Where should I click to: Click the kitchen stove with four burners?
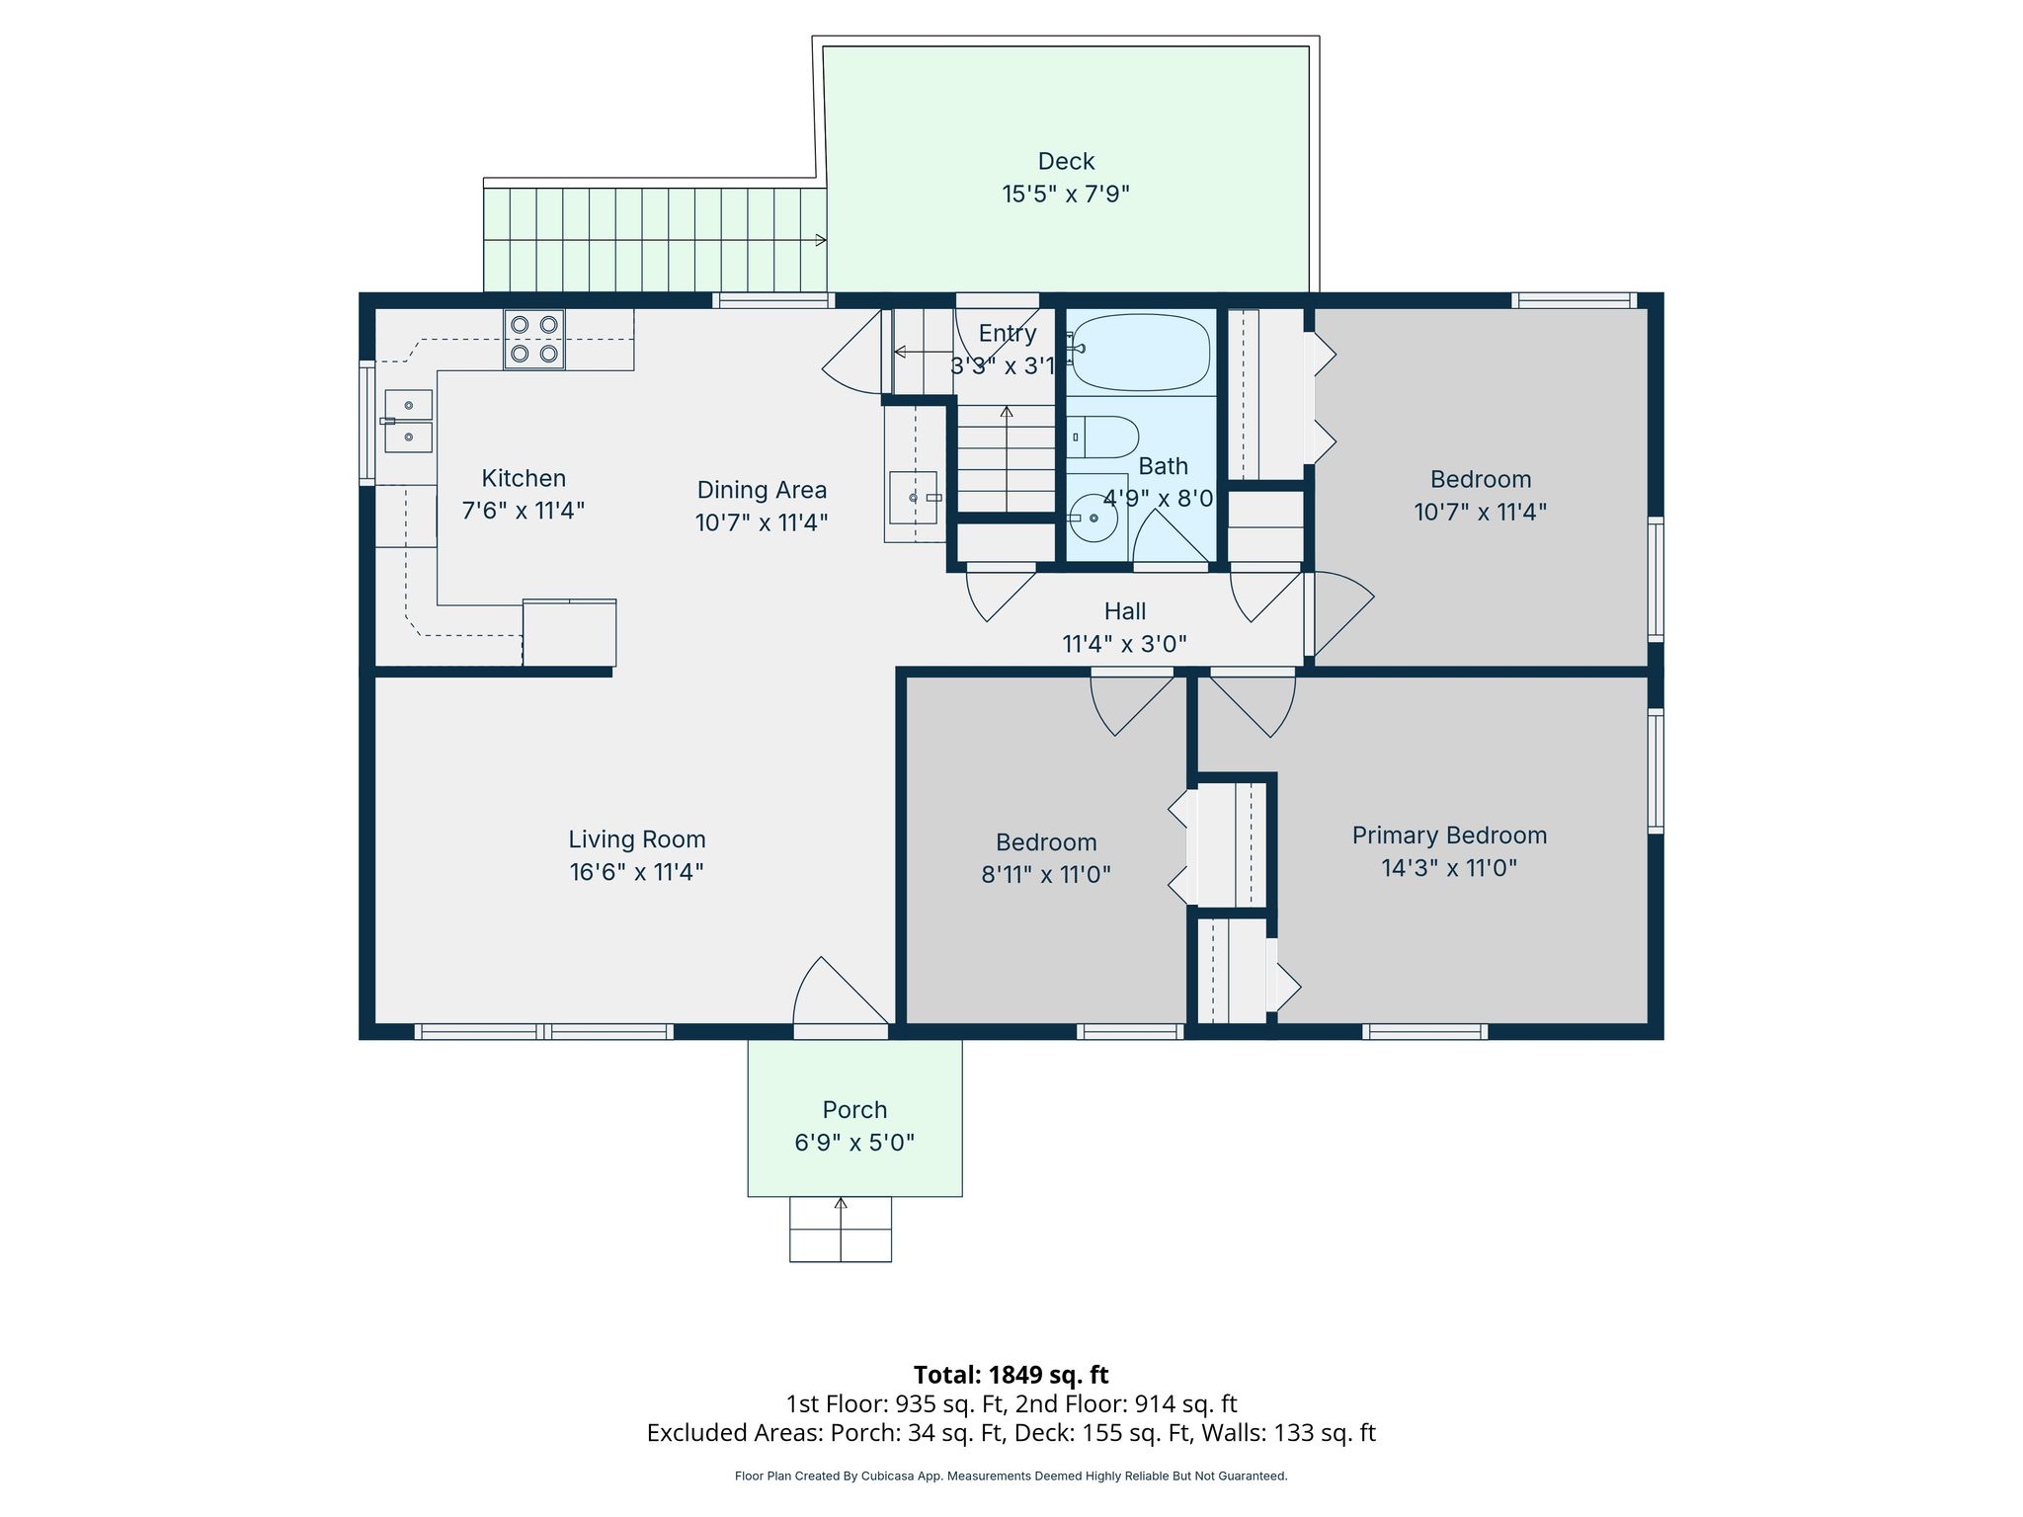534,340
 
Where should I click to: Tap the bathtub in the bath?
1140,353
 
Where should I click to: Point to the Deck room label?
1066,161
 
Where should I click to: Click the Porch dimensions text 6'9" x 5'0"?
854,1143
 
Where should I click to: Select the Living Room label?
637,839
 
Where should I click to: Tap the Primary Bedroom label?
1449,836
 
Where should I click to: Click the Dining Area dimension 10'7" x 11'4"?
762,522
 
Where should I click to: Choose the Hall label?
1125,611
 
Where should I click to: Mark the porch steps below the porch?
841,1229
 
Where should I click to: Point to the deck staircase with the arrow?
654,240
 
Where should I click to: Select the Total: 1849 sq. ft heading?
1011,1375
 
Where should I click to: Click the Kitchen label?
524,478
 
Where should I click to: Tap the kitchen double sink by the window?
408,421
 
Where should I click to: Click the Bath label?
1163,466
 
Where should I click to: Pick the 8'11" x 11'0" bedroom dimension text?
1046,875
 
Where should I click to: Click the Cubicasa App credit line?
1011,1477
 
